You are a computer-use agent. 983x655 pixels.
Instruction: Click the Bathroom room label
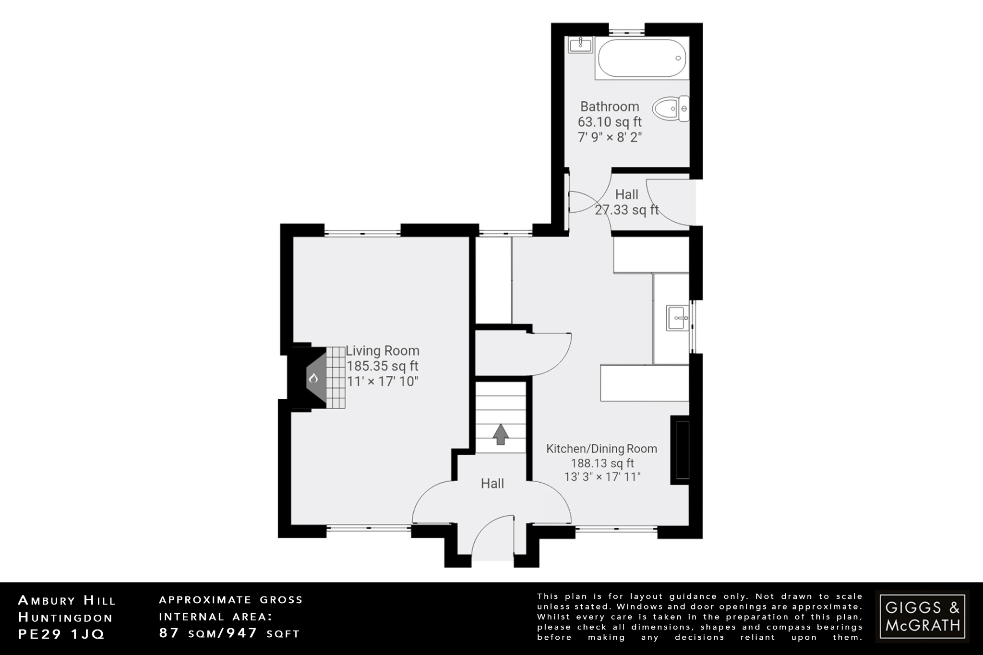click(610, 107)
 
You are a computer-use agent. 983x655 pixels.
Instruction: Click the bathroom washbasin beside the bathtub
click(580, 45)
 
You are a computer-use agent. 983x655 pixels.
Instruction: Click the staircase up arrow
click(501, 434)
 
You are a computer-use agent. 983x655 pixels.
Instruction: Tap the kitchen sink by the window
click(677, 318)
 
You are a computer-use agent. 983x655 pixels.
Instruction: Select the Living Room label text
click(383, 351)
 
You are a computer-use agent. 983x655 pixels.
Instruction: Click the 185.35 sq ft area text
click(383, 367)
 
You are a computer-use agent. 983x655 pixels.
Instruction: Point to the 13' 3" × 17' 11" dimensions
click(602, 477)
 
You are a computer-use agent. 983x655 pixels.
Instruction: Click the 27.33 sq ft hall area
click(627, 210)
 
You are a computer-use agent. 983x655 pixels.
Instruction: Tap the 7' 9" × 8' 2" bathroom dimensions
click(610, 138)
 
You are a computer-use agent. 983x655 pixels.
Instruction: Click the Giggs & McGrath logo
click(922, 616)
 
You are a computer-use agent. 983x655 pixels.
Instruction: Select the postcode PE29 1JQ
click(61, 634)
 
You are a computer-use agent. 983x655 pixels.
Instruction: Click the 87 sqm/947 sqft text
click(229, 633)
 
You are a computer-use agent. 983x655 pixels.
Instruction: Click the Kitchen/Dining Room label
click(601, 449)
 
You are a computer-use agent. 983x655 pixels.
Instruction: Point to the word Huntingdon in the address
click(65, 618)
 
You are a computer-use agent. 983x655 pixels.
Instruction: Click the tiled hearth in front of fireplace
click(336, 378)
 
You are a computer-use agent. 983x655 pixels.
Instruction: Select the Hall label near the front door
click(492, 484)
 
